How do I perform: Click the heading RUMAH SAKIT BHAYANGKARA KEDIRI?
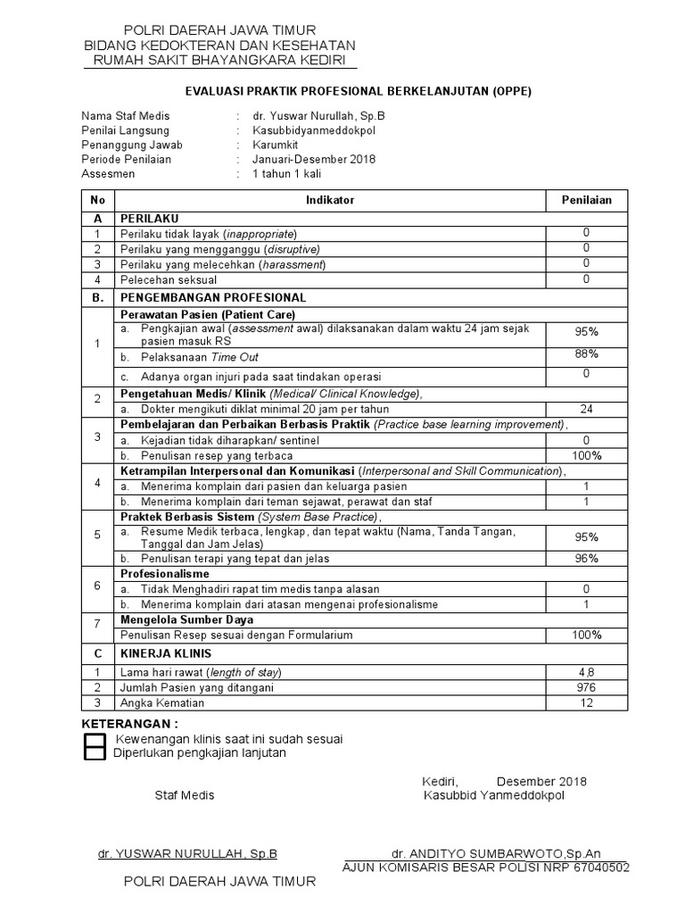[x=219, y=61]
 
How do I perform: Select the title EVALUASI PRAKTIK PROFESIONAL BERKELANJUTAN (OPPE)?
[x=358, y=91]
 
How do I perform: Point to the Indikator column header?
[x=330, y=201]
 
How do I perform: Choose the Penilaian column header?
[x=586, y=201]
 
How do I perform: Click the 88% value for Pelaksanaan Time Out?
[x=586, y=354]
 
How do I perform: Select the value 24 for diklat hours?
[x=586, y=409]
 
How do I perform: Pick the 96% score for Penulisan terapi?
[x=586, y=558]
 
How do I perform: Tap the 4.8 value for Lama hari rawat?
[x=586, y=671]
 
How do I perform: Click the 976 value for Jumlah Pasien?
[x=586, y=687]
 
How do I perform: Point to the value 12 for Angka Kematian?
[x=586, y=703]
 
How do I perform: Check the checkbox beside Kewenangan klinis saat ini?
[x=94, y=740]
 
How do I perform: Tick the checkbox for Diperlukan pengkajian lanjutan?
[x=94, y=753]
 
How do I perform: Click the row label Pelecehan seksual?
[x=169, y=280]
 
